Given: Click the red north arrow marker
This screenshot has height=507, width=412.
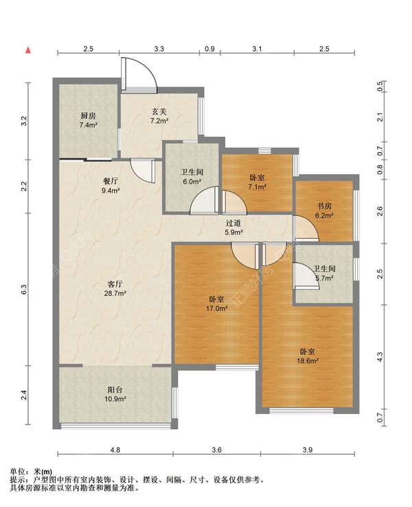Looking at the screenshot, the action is (x=28, y=50).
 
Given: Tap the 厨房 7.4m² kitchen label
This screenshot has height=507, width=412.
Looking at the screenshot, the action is (x=89, y=120).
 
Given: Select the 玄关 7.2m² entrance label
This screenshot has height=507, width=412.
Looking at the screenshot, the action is (x=159, y=116).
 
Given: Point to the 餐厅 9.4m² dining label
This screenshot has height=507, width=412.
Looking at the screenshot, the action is (x=111, y=186).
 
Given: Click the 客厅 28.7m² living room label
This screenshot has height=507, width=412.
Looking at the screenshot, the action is (x=115, y=289).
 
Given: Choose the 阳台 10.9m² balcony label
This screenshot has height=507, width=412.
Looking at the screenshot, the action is (x=115, y=394).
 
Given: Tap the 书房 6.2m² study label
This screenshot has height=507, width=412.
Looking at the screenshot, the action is (x=324, y=211).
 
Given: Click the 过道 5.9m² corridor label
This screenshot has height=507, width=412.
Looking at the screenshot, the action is (x=233, y=227).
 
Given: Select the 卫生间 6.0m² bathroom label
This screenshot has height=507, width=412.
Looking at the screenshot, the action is (x=192, y=177).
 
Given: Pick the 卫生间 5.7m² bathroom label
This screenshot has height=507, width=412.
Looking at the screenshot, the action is (x=324, y=273).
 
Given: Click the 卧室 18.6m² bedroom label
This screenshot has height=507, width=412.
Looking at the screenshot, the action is (x=308, y=356).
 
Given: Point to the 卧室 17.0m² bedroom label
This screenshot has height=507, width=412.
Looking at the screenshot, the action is (x=217, y=303).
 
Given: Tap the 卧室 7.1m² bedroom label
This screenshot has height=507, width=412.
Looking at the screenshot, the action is (x=257, y=182).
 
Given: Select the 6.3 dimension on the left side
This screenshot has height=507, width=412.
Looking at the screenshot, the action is (x=23, y=289).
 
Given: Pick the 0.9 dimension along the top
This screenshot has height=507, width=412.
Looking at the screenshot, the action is (x=209, y=49).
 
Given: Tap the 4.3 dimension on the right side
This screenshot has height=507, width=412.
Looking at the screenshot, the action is (x=380, y=357).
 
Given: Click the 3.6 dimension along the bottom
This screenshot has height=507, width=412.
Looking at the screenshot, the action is (x=217, y=449).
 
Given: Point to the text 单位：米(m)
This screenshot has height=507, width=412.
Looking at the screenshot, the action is (x=32, y=472).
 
